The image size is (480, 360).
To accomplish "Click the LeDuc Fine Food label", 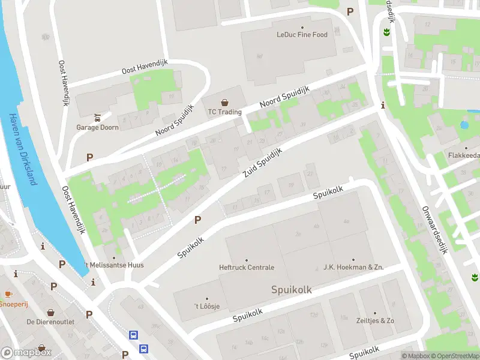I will tap(302, 35).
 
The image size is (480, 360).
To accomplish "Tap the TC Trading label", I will tap(224, 112).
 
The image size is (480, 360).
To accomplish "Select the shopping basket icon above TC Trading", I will tap(224, 103).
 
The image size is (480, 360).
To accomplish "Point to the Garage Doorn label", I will tap(97, 127).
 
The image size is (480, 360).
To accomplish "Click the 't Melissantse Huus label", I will tap(114, 265).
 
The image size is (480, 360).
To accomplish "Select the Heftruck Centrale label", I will tap(247, 268).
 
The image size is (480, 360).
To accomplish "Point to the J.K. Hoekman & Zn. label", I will tap(353, 268).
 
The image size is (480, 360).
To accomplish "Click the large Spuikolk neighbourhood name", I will tap(292, 290).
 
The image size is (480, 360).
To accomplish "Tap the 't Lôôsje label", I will tap(207, 307).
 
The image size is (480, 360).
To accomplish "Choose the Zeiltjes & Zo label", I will tap(374, 321).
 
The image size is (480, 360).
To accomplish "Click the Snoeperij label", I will tap(14, 304).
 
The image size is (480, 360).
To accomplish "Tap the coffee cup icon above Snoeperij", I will tap(8, 294).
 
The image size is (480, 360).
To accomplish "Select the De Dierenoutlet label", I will tap(50, 322).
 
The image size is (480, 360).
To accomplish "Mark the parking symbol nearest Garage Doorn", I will tap(90, 157).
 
